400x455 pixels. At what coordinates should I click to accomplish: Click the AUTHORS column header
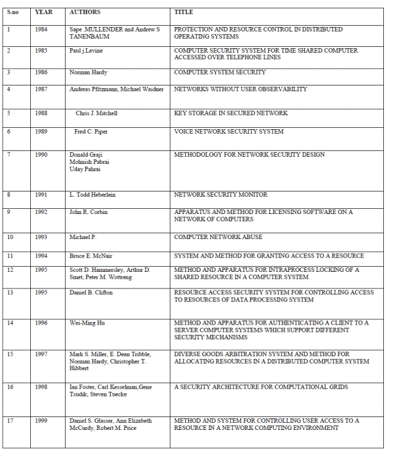(x=85, y=12)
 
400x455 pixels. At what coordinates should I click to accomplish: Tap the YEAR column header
(x=44, y=12)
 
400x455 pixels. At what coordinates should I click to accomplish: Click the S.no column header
(x=12, y=12)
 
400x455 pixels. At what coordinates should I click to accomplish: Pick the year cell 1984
(x=41, y=30)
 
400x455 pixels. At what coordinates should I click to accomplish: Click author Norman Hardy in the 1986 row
(x=89, y=73)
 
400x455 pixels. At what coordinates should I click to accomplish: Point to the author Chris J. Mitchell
(x=96, y=113)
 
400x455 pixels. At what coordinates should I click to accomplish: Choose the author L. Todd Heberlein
(x=93, y=195)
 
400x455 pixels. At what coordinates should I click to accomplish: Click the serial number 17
(x=10, y=421)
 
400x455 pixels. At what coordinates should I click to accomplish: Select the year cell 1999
(x=41, y=421)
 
